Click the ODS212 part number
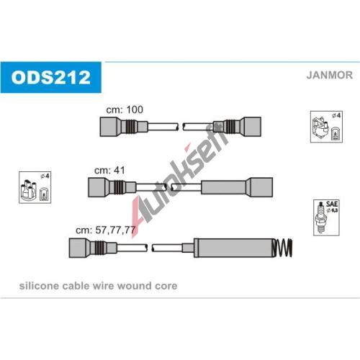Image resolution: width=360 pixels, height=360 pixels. pos(51,77)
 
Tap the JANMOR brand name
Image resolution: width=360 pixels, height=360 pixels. pos(329,75)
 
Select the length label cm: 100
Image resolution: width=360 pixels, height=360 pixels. pos(125,109)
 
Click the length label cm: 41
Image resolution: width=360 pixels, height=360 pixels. pos(109,171)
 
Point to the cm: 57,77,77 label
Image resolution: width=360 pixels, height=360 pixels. pos(106,230)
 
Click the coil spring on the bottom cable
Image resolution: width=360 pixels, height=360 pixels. pos(283,248)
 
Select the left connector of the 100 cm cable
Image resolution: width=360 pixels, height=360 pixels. pos(124,127)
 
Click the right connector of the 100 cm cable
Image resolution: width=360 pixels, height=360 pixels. pos(237,127)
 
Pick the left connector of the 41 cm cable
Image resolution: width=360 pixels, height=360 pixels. pos(112,187)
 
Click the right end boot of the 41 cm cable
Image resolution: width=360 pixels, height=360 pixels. pos(237,187)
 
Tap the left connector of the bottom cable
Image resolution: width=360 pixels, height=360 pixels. pos(93,248)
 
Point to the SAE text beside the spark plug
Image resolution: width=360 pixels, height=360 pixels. pos(332,204)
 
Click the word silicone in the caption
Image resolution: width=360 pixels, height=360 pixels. pos(39,286)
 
